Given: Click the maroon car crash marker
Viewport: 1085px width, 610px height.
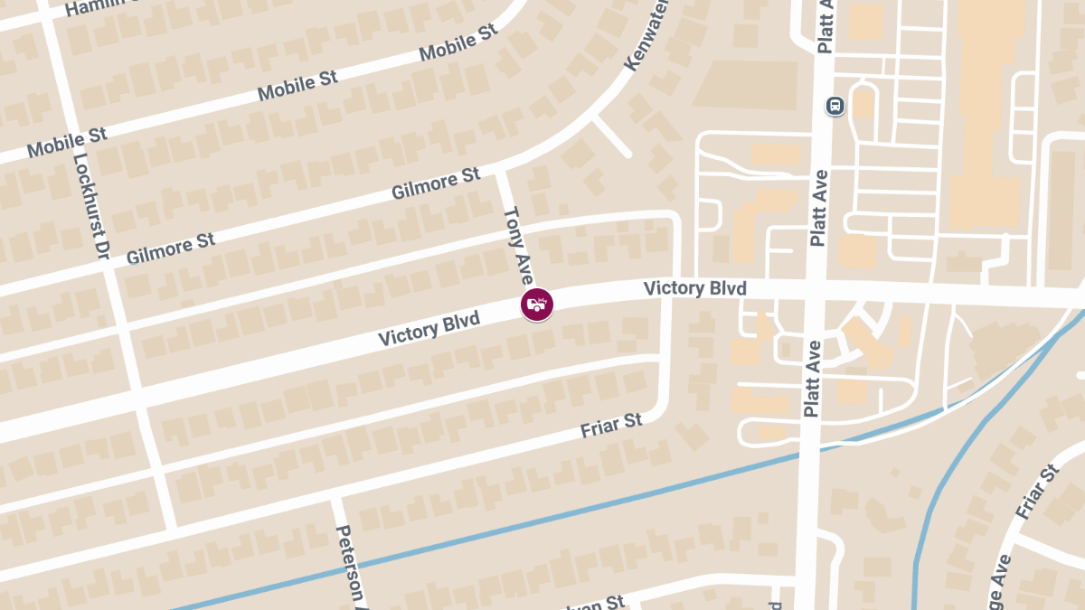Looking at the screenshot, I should [x=537, y=305].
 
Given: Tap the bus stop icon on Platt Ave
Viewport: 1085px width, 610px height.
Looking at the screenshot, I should [x=835, y=106].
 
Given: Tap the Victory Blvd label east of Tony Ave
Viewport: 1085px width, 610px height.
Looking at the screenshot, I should [x=694, y=288].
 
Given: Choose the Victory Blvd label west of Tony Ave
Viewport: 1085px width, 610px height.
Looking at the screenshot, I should [x=429, y=330].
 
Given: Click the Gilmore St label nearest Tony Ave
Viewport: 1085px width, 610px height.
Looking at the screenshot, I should [x=436, y=183].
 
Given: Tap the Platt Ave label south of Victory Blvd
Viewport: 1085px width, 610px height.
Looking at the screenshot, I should [x=812, y=378].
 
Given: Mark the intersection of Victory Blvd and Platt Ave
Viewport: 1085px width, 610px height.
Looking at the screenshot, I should [x=816, y=292].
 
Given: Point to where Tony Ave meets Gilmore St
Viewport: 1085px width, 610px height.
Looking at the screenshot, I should [x=500, y=171].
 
